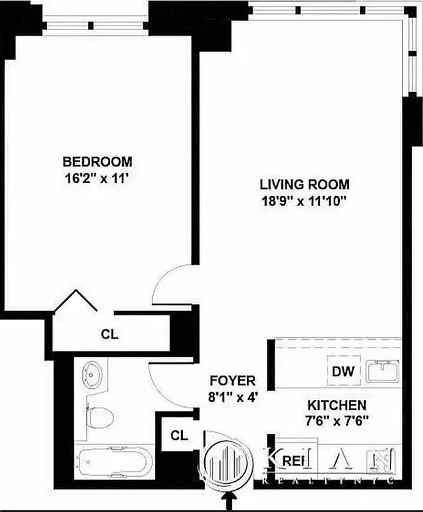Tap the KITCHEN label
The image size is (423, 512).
[x=337, y=405]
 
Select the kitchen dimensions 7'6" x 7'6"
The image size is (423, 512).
[x=337, y=422]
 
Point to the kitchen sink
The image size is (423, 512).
[x=382, y=370]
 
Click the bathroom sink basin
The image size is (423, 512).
[x=94, y=375]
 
